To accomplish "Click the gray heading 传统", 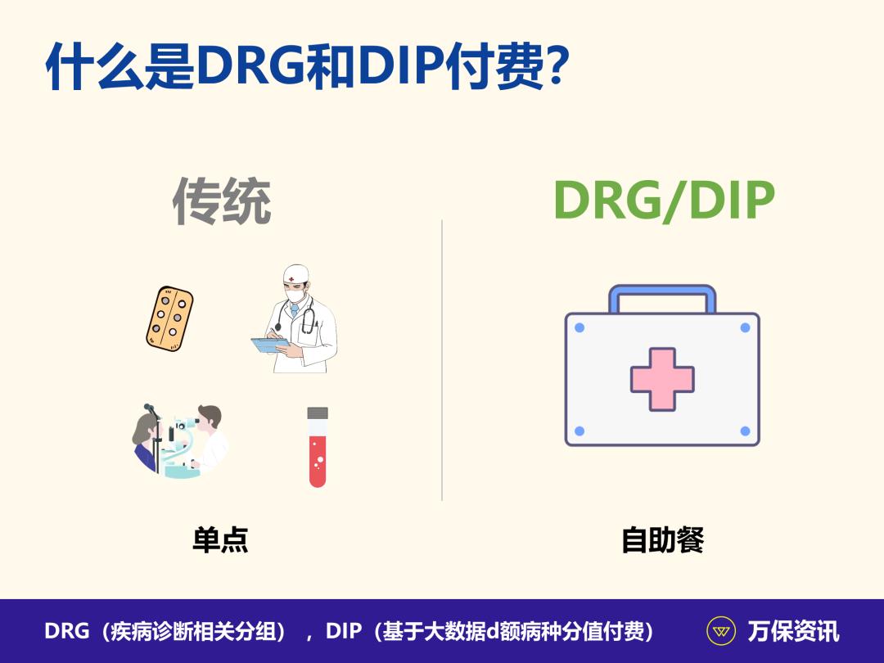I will tap(221, 202).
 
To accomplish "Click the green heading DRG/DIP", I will tap(664, 201).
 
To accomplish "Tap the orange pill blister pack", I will tap(169, 319).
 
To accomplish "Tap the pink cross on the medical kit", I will tap(662, 378).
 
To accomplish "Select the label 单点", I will tap(220, 540).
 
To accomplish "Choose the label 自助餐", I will tap(663, 540).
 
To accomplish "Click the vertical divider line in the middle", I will tap(442, 360).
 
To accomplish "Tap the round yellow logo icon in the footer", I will tap(721, 631).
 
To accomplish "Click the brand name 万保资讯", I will tap(793, 631).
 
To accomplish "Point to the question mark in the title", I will tap(556, 66).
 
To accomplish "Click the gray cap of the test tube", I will tap(318, 413).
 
